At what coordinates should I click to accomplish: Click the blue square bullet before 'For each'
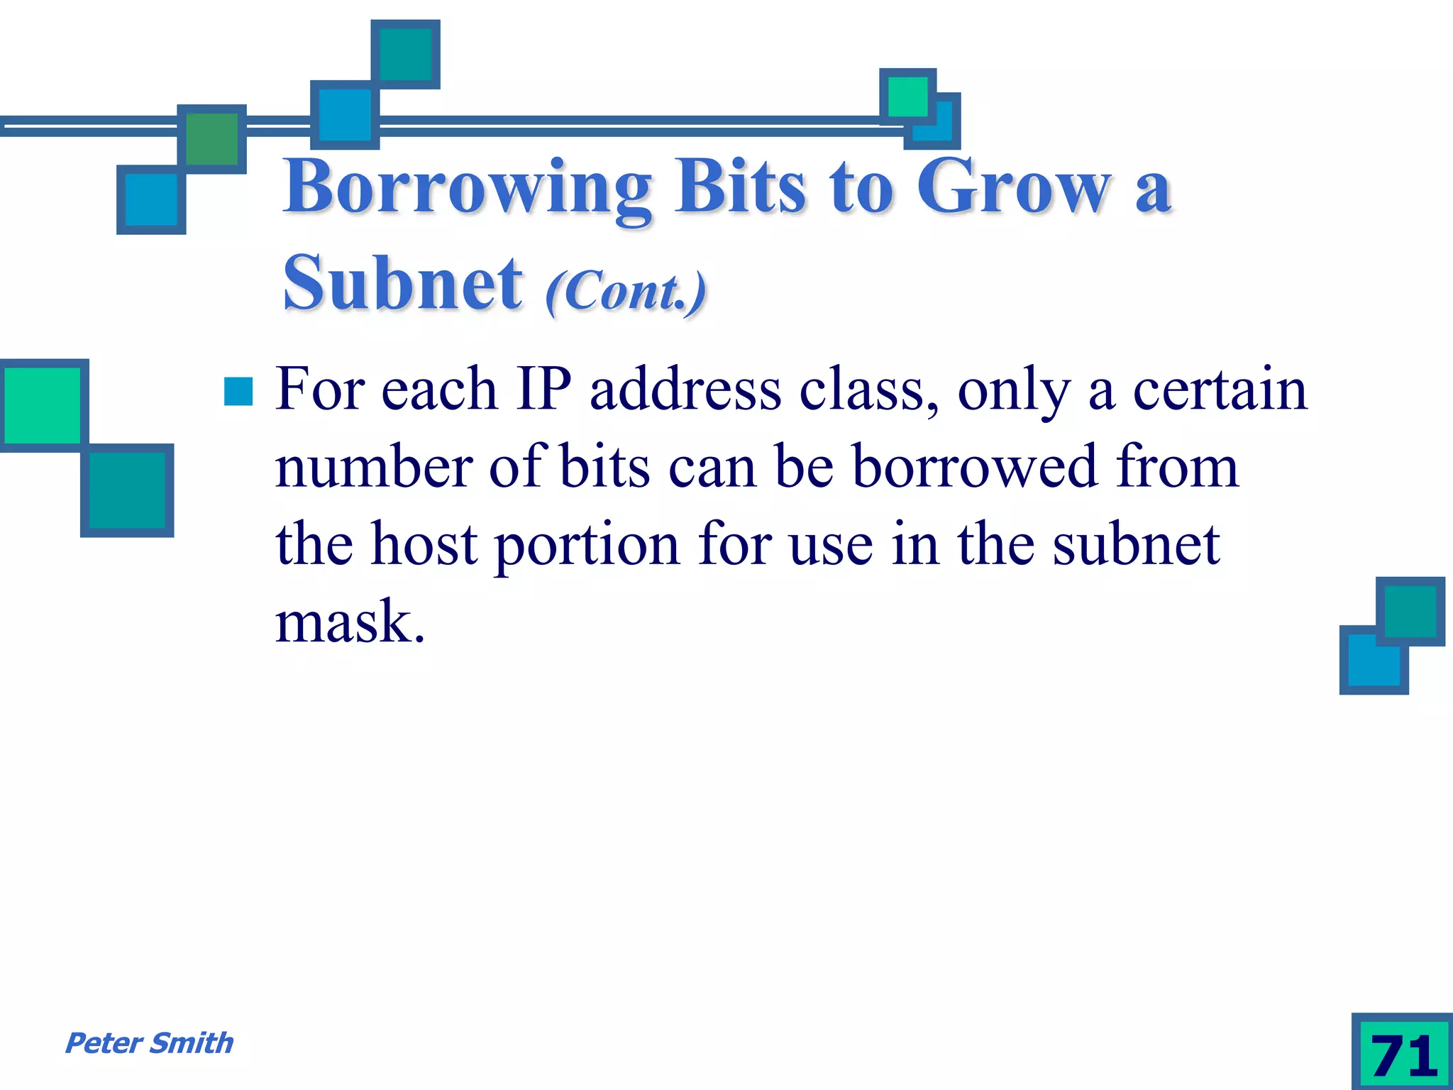point(238,391)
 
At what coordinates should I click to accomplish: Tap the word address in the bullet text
point(685,390)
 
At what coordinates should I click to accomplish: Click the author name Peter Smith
point(149,1043)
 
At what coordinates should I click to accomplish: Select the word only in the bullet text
point(1014,392)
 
